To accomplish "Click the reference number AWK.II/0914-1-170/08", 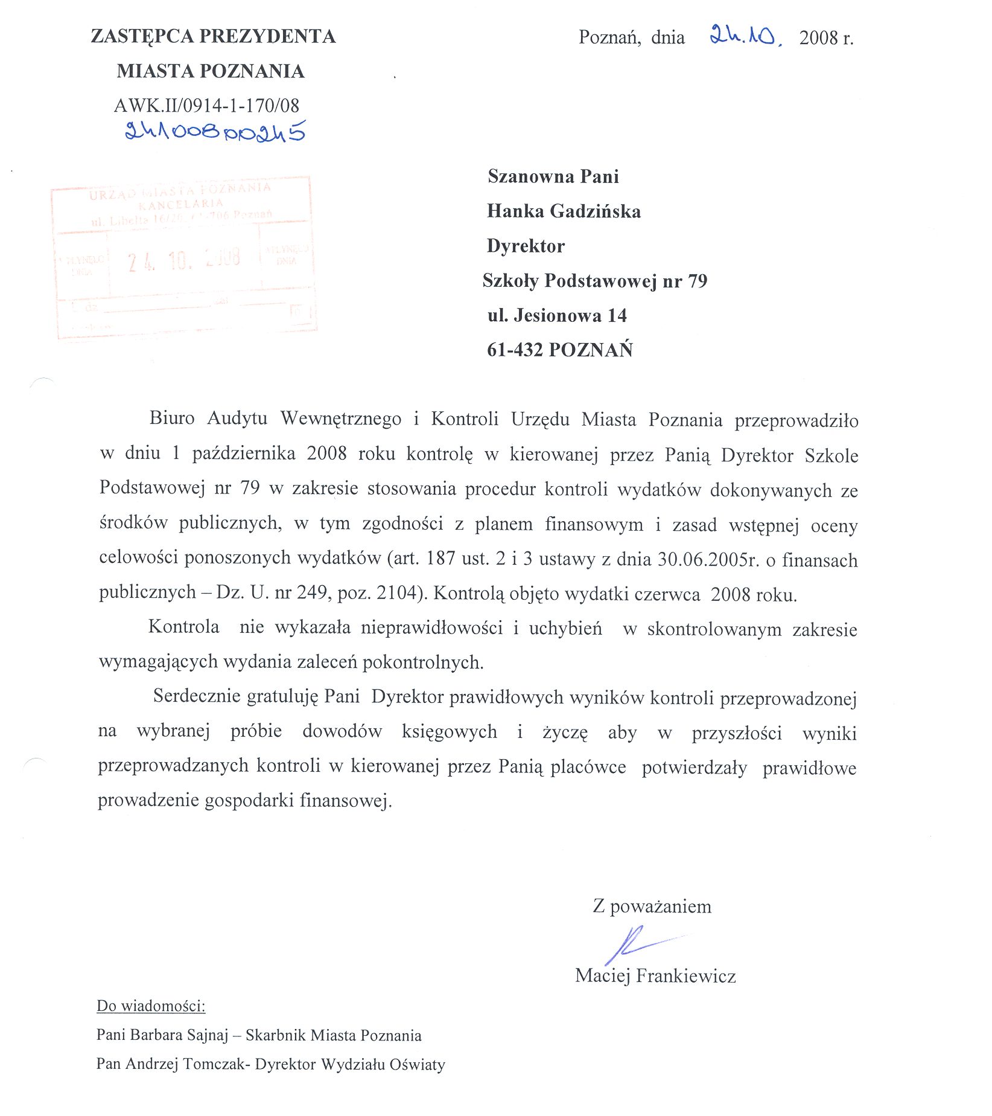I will coord(206,106).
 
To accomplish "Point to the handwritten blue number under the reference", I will coord(215,131).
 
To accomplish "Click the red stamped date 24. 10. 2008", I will coord(184,259).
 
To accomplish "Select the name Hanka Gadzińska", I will coord(564,211).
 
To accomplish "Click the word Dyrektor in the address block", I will coord(526,246).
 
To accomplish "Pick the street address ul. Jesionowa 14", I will coord(557,315).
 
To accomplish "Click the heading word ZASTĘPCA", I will coord(142,36).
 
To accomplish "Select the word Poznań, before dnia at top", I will coord(609,37).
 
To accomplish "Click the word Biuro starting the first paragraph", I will coord(171,418).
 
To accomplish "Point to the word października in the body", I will coord(243,454).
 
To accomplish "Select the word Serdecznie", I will coord(197,696).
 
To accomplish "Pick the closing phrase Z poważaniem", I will coord(652,906).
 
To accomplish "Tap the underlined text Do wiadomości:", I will coord(151,1006).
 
